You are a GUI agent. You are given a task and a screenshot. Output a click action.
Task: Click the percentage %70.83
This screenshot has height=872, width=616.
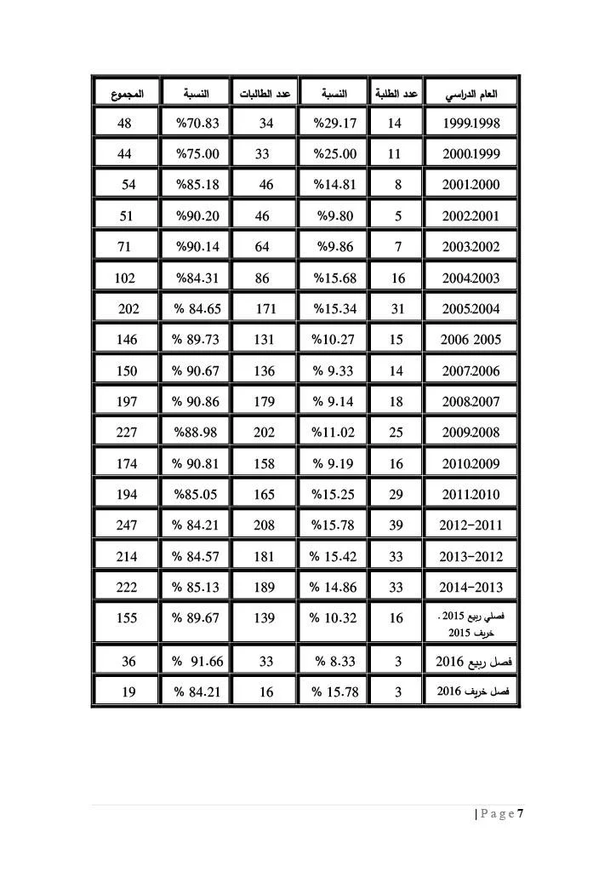click(197, 123)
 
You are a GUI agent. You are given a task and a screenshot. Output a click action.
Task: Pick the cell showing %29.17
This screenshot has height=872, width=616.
click(334, 123)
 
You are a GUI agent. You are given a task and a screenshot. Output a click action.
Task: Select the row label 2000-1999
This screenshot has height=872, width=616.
click(471, 154)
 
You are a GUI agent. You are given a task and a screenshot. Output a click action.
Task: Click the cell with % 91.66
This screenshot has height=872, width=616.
click(197, 660)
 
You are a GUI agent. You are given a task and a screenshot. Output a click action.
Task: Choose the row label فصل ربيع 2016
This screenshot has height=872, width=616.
click(471, 660)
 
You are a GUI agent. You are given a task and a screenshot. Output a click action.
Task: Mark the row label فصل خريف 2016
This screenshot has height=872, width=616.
click(471, 691)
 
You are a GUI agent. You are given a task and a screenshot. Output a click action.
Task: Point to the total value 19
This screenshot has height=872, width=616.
click(129, 691)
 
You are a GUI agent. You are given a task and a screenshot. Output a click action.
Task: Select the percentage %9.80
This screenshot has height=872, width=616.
click(335, 216)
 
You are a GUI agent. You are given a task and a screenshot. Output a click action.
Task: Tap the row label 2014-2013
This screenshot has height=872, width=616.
click(471, 587)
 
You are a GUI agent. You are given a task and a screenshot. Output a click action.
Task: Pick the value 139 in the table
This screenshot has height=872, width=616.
click(265, 619)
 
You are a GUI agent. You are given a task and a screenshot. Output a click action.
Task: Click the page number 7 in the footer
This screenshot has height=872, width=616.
click(520, 813)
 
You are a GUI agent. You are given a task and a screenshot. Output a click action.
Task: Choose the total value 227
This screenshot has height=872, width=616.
click(127, 433)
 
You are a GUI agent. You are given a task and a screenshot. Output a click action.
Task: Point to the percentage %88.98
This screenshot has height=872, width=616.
click(197, 433)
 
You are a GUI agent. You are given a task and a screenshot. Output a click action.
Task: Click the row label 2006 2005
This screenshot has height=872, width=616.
click(471, 340)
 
